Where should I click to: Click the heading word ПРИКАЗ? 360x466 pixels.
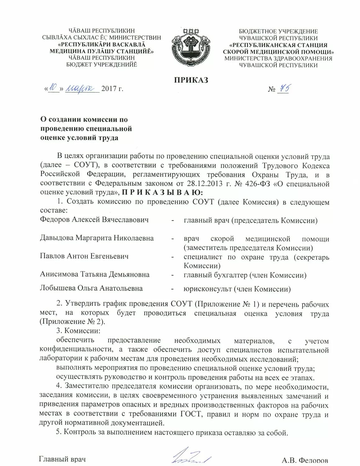pos(191,80)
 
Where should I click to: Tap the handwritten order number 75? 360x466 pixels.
pos(284,89)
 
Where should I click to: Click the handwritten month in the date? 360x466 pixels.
pos(82,89)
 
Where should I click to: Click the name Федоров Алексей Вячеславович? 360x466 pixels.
pos(94,220)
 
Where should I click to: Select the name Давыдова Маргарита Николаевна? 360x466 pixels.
pos(97,238)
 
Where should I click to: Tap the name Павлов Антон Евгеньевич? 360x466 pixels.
pos(84,256)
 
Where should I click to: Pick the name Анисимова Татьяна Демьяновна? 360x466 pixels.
pos(95,274)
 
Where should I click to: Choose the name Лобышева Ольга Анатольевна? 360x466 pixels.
pos(91,288)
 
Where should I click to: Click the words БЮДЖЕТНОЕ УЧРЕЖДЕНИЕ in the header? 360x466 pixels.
pos(278,31)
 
